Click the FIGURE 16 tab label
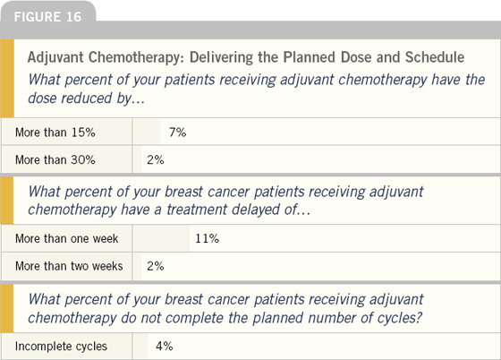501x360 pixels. (x=47, y=17)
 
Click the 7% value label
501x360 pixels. (x=178, y=133)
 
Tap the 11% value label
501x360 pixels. (x=207, y=238)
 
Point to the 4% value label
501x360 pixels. (x=165, y=346)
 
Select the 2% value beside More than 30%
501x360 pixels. (x=156, y=159)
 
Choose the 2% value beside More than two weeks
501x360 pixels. (x=156, y=266)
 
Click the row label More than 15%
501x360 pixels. (x=55, y=133)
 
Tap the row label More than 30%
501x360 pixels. (x=55, y=159)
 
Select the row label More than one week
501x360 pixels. (x=67, y=238)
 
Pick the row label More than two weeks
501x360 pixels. (x=69, y=266)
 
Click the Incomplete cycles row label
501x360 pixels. (x=61, y=347)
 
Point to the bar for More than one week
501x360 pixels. (x=161, y=238)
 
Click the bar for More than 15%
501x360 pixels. (x=147, y=132)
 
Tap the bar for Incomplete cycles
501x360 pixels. (x=140, y=346)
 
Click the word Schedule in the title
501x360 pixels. (x=435, y=57)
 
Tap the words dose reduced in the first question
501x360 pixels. (x=70, y=98)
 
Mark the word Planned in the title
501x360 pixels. (x=309, y=57)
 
